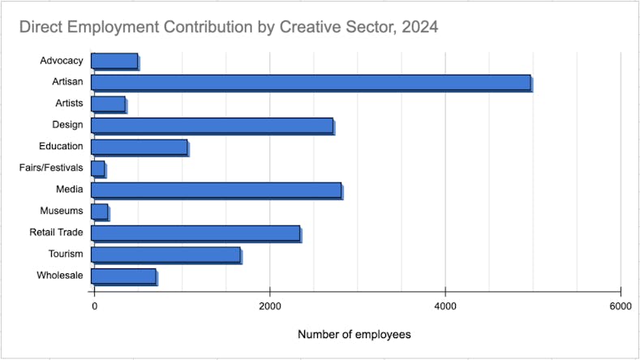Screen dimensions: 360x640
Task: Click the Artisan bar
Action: click(x=311, y=82)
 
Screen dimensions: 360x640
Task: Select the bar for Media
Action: click(x=216, y=190)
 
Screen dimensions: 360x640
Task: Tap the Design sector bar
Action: click(x=212, y=125)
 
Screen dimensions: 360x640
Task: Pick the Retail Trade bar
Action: click(x=195, y=233)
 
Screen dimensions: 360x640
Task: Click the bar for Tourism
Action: click(x=165, y=255)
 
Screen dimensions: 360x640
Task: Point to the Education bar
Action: click(x=139, y=147)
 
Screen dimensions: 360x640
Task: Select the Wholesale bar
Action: click(x=123, y=276)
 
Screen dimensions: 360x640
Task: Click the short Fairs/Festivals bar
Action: click(x=98, y=168)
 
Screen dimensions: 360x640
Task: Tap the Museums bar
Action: click(x=100, y=212)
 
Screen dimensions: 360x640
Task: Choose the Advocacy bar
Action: click(x=114, y=61)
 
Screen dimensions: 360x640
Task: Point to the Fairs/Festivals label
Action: click(x=51, y=168)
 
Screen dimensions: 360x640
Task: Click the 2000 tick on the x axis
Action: click(x=269, y=306)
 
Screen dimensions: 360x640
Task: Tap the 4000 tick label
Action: click(x=445, y=306)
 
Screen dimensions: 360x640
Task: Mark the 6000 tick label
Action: click(x=620, y=306)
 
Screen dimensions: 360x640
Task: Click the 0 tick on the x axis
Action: click(x=94, y=306)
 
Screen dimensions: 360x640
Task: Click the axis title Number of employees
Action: click(x=354, y=334)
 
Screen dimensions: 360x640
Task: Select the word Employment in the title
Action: click(x=112, y=27)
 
